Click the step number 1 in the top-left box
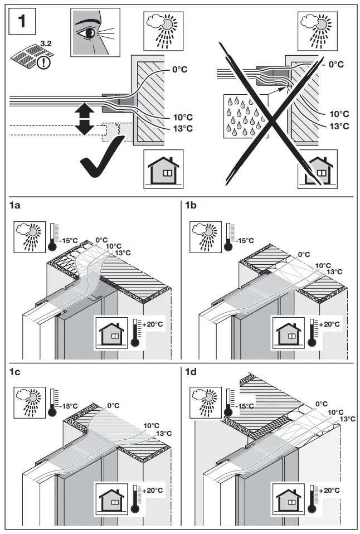(22, 22)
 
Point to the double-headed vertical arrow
(84, 118)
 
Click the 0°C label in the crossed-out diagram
(336, 65)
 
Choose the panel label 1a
(16, 206)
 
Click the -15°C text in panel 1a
(70, 241)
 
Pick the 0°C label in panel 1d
(321, 404)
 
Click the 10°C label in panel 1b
(323, 265)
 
